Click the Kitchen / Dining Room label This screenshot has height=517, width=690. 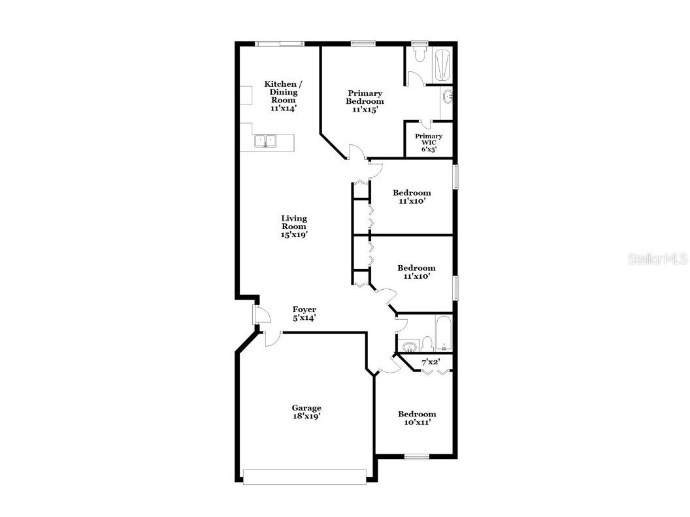(283, 96)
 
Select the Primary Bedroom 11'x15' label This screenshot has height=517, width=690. (365, 101)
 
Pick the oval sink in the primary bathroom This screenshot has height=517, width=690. (448, 97)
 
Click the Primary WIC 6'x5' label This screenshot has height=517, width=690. (429, 142)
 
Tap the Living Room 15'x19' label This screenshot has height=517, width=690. (294, 227)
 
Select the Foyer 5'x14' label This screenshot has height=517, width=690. (304, 314)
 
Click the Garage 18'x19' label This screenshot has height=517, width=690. (306, 412)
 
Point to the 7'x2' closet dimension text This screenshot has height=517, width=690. (430, 362)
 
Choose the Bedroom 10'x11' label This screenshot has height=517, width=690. (417, 418)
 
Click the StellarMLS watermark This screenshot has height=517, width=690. (657, 259)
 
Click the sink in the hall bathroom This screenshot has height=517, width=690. (410, 345)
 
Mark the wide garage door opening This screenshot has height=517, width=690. (305, 477)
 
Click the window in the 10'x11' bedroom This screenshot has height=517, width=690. (416, 456)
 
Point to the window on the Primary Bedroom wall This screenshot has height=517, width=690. (361, 44)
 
